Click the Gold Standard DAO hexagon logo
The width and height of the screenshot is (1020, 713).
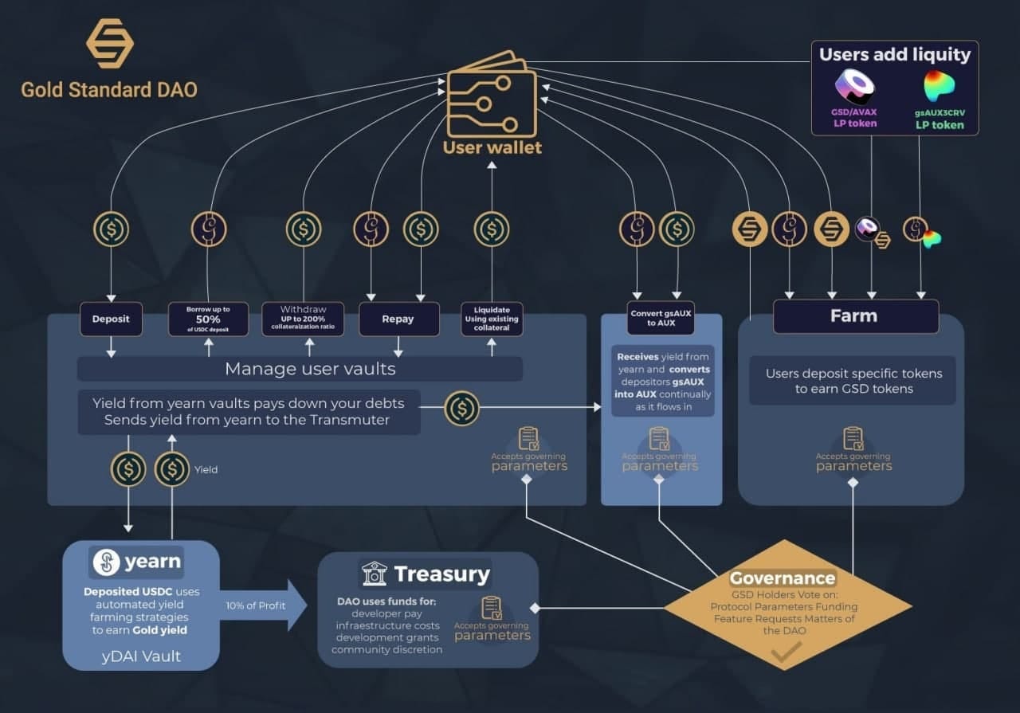tap(110, 43)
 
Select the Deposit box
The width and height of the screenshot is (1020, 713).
tap(111, 319)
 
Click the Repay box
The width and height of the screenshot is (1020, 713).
tap(398, 319)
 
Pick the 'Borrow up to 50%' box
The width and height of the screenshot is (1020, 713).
tap(208, 319)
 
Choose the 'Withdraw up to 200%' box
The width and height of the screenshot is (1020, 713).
tap(303, 319)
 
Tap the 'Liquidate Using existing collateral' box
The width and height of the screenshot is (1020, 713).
tap(492, 319)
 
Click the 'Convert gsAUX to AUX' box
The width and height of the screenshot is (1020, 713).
tap(661, 317)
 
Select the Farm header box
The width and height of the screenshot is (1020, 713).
tap(855, 316)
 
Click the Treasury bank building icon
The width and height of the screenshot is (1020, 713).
tap(374, 574)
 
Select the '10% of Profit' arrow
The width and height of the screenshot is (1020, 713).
tap(266, 605)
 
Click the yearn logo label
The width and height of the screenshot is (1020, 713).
tap(137, 562)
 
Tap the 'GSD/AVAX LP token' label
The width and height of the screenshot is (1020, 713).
tap(854, 118)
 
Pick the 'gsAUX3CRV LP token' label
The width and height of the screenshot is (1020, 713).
tap(939, 119)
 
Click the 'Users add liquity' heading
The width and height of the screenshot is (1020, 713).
tap(895, 55)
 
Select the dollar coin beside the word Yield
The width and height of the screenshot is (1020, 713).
tap(172, 469)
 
